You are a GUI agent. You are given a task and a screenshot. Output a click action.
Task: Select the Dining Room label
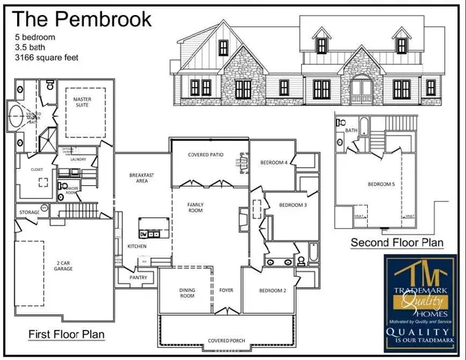pyautogui.click(x=187, y=292)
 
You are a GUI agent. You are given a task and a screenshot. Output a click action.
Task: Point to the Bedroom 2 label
pyautogui.click(x=273, y=290)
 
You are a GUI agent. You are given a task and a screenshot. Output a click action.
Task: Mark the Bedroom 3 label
pyautogui.click(x=292, y=205)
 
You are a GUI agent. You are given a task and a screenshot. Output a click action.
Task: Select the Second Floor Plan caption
pyautogui.click(x=397, y=242)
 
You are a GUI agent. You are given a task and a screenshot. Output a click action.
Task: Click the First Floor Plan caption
pyautogui.click(x=65, y=333)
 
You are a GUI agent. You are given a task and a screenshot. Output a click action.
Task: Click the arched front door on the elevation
pyautogui.click(x=362, y=90)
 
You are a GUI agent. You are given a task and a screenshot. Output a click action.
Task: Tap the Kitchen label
pyautogui.click(x=136, y=246)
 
